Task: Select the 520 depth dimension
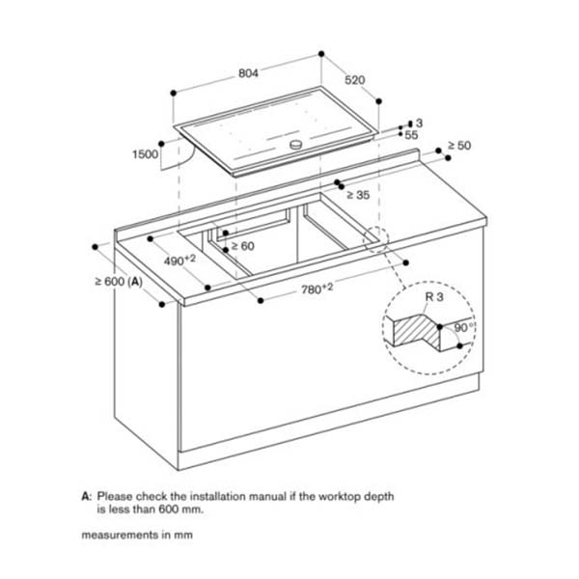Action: tap(355, 82)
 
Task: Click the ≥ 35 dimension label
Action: tap(358, 195)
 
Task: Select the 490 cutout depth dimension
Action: tap(179, 262)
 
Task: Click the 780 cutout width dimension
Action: tap(314, 289)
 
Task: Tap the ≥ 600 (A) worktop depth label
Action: tap(119, 281)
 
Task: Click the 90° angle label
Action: tap(464, 327)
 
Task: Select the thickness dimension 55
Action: tap(411, 136)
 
